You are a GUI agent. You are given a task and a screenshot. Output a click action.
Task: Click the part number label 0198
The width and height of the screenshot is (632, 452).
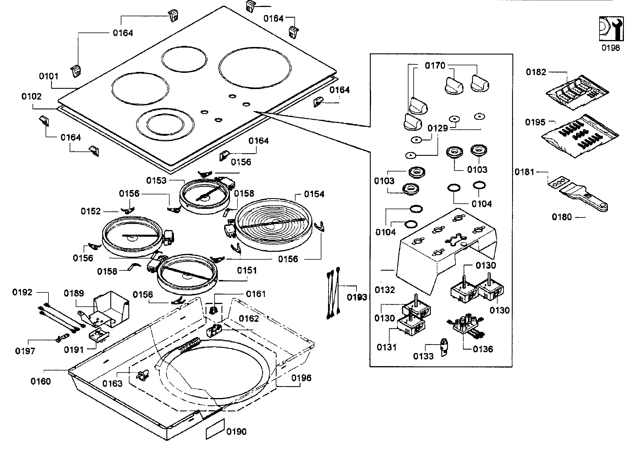611,48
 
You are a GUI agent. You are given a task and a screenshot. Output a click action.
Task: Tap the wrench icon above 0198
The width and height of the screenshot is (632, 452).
611,28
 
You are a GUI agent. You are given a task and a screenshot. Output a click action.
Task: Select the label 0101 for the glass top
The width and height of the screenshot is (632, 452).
49,76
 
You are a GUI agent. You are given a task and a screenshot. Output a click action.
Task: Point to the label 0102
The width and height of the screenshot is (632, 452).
31,96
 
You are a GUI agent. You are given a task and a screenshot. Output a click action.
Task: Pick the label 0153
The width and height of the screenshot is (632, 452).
156,180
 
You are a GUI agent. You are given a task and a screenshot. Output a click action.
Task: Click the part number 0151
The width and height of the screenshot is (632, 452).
247,270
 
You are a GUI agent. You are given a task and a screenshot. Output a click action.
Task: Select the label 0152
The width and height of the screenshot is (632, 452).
91,211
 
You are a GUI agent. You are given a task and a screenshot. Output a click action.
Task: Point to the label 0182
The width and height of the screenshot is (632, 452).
536,72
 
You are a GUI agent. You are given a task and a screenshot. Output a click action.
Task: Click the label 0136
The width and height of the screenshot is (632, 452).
483,349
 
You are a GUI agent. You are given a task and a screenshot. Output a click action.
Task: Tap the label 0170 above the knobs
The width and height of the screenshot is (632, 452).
435,66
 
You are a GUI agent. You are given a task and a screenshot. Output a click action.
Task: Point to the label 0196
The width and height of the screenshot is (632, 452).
301,378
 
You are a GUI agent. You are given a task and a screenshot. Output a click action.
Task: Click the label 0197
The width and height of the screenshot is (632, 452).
25,351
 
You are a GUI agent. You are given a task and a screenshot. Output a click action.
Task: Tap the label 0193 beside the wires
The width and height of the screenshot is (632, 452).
357,297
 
